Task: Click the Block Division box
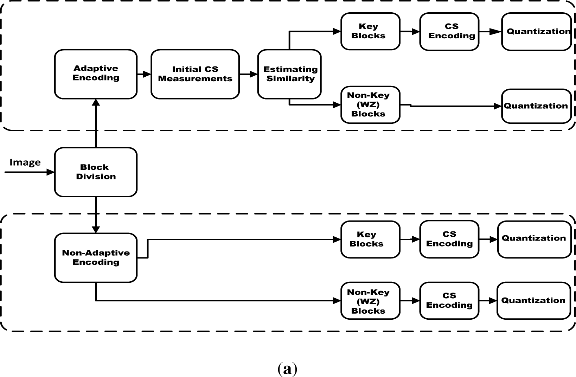coord(95,172)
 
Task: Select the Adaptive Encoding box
coord(95,74)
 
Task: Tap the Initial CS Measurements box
coord(195,74)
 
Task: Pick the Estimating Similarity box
coord(289,74)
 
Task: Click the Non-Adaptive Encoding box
coord(95,257)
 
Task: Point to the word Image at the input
coord(25,162)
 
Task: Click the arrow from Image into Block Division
coord(30,172)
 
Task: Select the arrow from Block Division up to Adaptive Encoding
coord(96,123)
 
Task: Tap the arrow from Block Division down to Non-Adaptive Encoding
coord(96,215)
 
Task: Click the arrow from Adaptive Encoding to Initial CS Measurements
coord(143,74)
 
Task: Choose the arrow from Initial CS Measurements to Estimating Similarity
coord(248,74)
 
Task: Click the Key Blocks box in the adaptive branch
coord(370,31)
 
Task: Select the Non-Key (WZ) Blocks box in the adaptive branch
coord(370,105)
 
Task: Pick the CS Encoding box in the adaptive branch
coord(449,31)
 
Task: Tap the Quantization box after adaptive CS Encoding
coord(536,31)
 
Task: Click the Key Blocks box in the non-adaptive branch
coord(370,239)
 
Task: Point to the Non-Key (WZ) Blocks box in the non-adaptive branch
coord(370,301)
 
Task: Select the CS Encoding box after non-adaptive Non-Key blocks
coord(449,301)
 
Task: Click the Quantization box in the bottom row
coord(533,301)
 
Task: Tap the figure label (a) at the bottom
coord(288,369)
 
